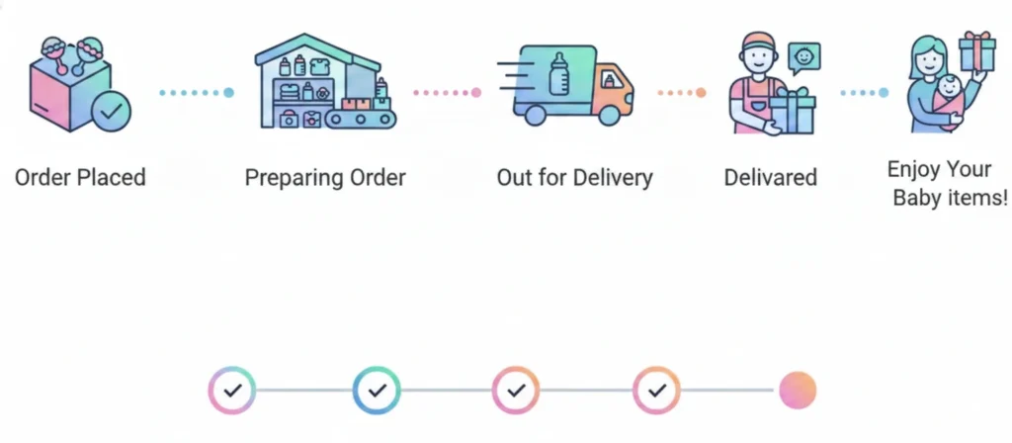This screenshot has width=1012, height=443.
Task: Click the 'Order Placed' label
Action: [80, 178]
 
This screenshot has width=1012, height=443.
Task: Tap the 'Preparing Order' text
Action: [325, 178]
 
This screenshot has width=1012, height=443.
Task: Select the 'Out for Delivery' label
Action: [574, 178]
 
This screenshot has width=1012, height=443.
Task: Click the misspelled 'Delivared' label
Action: [770, 178]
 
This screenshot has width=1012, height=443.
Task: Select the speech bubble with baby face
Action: [803, 58]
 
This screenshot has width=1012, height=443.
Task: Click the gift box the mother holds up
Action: [976, 49]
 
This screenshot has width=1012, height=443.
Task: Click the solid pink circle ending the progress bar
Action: [797, 391]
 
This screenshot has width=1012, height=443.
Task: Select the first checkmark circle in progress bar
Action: [232, 391]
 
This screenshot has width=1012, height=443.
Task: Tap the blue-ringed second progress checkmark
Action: [377, 391]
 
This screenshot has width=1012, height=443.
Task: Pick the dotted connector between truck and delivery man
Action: [682, 93]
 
